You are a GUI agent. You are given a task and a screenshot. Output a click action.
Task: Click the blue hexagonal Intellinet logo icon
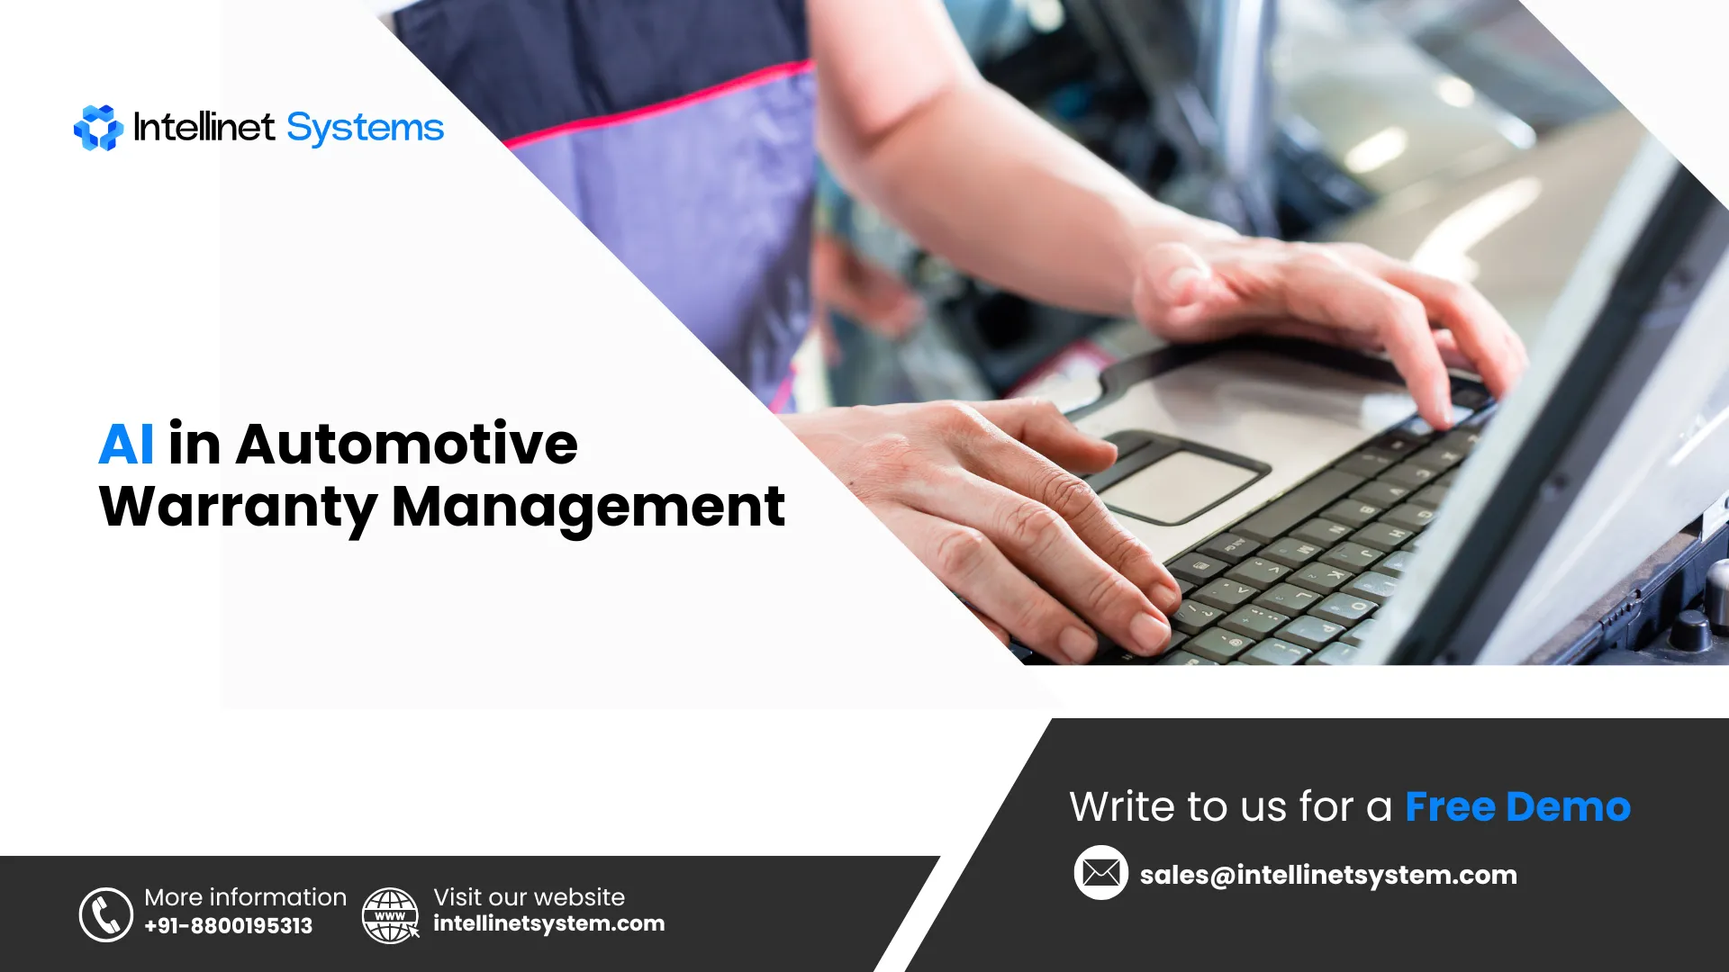(x=98, y=128)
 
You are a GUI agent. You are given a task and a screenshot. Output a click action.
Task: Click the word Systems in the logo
(x=365, y=128)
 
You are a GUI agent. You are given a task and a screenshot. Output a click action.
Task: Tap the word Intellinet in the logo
(x=204, y=127)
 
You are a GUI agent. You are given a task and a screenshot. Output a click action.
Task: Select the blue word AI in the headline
(x=126, y=444)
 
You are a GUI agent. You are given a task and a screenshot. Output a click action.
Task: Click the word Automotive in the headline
(x=406, y=444)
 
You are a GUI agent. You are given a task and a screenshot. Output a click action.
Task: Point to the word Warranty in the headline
(x=238, y=507)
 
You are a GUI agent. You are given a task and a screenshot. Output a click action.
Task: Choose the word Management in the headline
(x=588, y=507)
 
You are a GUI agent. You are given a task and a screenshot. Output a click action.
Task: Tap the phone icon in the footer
(x=106, y=914)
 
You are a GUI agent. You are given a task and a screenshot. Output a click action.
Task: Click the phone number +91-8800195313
(x=228, y=925)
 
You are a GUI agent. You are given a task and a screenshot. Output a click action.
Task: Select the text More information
(x=245, y=897)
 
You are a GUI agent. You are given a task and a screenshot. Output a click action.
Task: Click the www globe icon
(x=390, y=914)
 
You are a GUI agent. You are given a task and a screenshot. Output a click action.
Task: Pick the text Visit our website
(x=529, y=897)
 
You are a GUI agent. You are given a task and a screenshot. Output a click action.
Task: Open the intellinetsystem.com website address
(x=548, y=923)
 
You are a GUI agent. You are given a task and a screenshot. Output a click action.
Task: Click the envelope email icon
(x=1100, y=873)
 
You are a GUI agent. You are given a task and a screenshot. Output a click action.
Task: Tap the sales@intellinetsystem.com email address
(x=1328, y=875)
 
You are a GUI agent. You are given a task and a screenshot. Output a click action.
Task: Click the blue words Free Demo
(x=1517, y=807)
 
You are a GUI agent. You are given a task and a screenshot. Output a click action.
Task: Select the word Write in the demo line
(x=1119, y=807)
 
